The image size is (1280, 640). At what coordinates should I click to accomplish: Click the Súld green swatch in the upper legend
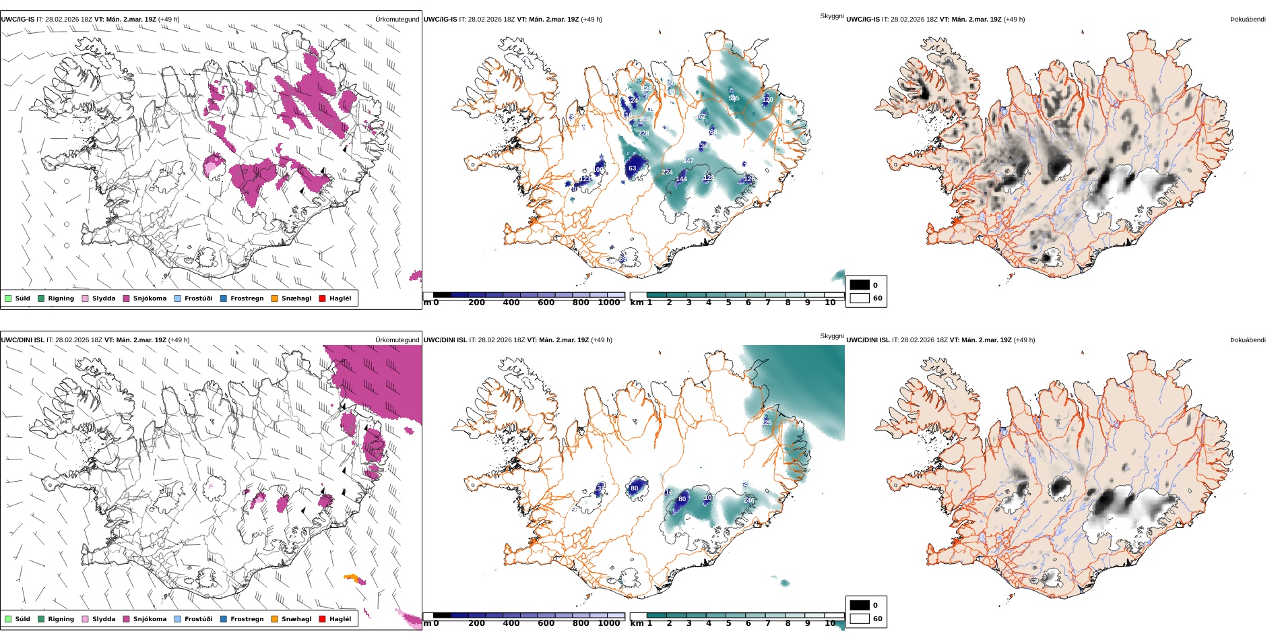click(x=8, y=298)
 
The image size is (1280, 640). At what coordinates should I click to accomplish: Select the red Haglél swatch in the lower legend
click(x=322, y=619)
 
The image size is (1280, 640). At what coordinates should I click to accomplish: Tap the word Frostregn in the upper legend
click(x=247, y=298)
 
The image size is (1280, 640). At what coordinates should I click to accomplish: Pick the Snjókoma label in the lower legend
click(x=150, y=619)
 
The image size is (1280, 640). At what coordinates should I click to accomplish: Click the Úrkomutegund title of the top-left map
click(x=397, y=20)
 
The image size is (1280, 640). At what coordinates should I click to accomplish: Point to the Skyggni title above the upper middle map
click(x=831, y=15)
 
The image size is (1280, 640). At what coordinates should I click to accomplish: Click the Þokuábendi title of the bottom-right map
click(x=1248, y=340)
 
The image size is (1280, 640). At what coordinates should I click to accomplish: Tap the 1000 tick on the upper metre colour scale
click(x=608, y=303)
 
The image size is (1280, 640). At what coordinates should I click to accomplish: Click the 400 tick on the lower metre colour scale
click(x=511, y=623)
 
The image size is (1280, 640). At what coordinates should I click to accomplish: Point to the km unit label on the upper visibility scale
click(x=636, y=303)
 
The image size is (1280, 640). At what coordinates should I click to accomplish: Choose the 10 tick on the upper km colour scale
click(x=830, y=303)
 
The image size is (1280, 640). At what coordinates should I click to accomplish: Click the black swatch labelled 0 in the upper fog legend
click(x=860, y=285)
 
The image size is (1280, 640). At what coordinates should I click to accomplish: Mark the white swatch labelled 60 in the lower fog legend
click(x=860, y=618)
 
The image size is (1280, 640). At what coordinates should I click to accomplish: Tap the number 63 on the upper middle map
click(x=632, y=168)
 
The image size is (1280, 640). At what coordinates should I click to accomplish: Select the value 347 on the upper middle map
click(x=688, y=161)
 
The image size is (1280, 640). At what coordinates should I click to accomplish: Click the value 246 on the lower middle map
click(x=748, y=501)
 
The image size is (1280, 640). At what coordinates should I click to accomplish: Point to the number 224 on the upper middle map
click(x=667, y=172)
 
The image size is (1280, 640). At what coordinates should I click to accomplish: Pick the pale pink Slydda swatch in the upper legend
click(x=86, y=298)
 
